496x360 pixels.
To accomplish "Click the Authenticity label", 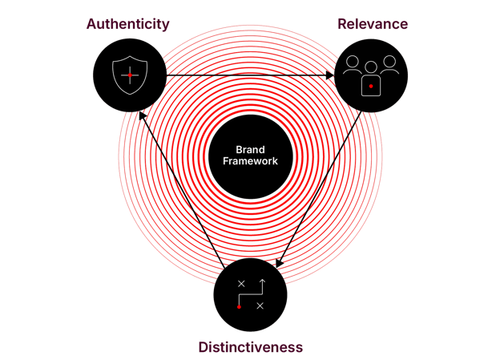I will click(127, 24).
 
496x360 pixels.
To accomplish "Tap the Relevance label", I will click(371, 24).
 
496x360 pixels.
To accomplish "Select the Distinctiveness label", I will click(250, 347).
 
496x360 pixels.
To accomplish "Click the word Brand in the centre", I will click(250, 149).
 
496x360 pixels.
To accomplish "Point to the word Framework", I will click(250, 160).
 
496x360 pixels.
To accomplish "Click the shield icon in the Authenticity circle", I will click(129, 75).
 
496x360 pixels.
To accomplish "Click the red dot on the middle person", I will click(371, 86).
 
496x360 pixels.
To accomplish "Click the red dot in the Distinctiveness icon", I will click(239, 306).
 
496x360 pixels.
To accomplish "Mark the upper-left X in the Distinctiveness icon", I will click(241, 285).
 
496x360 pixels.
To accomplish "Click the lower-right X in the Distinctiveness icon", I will click(260, 305).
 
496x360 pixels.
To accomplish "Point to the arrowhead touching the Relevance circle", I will click(329, 76).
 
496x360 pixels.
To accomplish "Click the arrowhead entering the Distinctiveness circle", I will click(279, 264).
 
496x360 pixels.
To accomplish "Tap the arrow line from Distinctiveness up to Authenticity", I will click(180, 192).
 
